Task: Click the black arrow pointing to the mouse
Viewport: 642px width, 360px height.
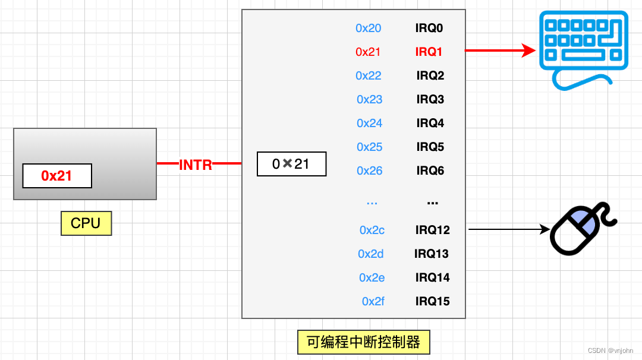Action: [x=509, y=229]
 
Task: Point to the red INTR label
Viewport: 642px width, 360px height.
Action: [x=196, y=165]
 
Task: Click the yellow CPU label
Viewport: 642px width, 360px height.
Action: [x=86, y=223]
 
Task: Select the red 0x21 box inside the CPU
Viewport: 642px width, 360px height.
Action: [x=57, y=176]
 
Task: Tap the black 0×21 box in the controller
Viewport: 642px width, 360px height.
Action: [x=291, y=164]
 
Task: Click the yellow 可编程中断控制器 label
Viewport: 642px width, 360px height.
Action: [x=363, y=342]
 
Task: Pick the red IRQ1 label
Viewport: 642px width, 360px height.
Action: [x=429, y=52]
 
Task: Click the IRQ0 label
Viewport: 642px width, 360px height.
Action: [x=429, y=28]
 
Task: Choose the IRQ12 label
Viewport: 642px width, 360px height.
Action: [x=432, y=230]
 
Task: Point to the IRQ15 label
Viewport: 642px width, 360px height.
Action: [x=432, y=301]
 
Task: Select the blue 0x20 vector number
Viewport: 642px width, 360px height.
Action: [x=369, y=28]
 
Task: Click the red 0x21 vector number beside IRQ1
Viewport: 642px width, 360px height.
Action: [x=368, y=52]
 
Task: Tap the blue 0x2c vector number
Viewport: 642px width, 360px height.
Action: [x=372, y=230]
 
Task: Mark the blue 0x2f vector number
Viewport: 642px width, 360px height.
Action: [x=373, y=301]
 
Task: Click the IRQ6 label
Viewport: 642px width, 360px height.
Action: [x=430, y=170]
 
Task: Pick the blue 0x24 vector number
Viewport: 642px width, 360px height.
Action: [x=369, y=123]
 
